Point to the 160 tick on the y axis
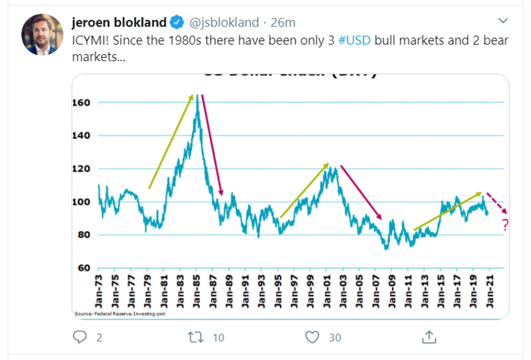point(82,102)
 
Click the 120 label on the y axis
point(82,169)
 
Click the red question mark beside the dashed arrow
point(505,224)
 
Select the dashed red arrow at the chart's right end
point(496,202)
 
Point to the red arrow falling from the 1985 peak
point(212,144)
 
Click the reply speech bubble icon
point(81,337)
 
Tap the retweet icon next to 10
point(195,337)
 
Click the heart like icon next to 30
point(312,337)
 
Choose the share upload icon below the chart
point(430,337)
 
